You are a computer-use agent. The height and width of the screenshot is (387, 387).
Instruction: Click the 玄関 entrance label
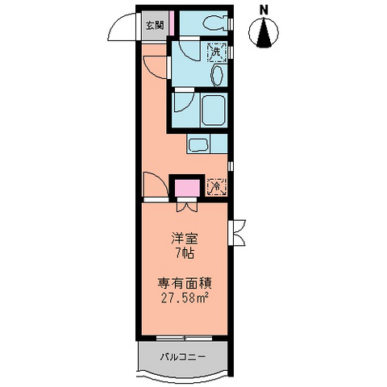pyautogui.click(x=155, y=26)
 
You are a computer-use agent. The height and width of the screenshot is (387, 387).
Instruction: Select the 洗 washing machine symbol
pyautogui.click(x=216, y=52)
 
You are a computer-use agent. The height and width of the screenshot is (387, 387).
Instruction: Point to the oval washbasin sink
pyautogui.click(x=218, y=75)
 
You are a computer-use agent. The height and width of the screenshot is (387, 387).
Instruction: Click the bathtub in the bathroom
pyautogui.click(x=214, y=111)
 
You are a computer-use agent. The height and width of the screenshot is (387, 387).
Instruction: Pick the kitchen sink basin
pyautogui.click(x=198, y=145)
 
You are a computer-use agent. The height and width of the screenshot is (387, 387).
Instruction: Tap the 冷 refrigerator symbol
pyautogui.click(x=216, y=186)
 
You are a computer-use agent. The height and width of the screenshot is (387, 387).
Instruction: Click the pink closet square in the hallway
pyautogui.click(x=187, y=189)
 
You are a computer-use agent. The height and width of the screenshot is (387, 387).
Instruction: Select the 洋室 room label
pyautogui.click(x=185, y=239)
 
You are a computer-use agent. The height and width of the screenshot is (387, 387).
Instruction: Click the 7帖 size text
pyautogui.click(x=185, y=253)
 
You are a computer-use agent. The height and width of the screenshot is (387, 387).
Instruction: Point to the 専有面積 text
pyautogui.click(x=185, y=284)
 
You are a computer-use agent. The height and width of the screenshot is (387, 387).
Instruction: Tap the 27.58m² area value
pyautogui.click(x=185, y=298)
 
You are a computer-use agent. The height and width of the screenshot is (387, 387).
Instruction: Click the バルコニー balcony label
pyautogui.click(x=183, y=357)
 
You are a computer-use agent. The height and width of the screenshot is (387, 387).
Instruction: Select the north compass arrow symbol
pyautogui.click(x=264, y=32)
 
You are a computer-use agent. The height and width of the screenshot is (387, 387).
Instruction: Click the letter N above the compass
pyautogui.click(x=264, y=10)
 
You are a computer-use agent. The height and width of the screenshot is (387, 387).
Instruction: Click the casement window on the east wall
pyautogui.click(x=237, y=232)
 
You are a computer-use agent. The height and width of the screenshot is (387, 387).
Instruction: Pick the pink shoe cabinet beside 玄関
pyautogui.click(x=172, y=23)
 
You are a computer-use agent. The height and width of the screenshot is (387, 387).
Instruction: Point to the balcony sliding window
pyautogui.click(x=185, y=338)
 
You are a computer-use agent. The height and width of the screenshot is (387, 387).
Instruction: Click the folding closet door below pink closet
pyautogui.click(x=187, y=206)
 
